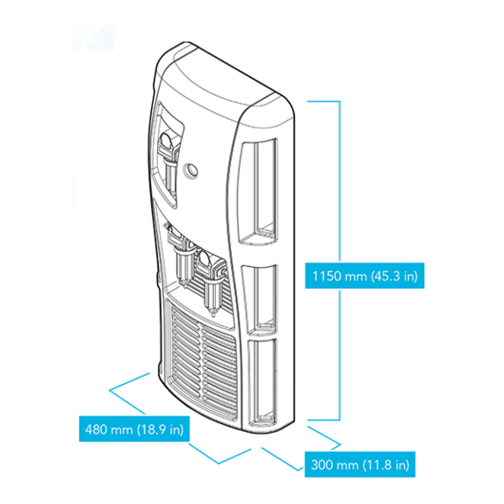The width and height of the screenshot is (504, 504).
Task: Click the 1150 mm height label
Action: tap(364, 276)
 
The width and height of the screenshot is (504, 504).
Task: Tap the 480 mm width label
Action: tap(134, 429)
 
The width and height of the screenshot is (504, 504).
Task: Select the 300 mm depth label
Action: tap(360, 464)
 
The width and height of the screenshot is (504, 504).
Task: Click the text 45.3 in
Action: tap(395, 276)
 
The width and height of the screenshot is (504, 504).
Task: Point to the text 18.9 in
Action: tap(161, 429)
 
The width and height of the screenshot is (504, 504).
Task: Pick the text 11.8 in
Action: tap(386, 465)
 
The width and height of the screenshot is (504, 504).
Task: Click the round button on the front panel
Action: tap(189, 169)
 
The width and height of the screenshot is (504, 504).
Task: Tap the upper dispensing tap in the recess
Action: tap(168, 161)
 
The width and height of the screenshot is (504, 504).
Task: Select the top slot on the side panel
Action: tap(258, 192)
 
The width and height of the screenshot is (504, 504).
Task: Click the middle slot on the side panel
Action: tap(260, 300)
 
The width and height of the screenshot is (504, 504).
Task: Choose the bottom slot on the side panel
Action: tap(262, 382)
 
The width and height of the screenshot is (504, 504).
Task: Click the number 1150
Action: tap(326, 276)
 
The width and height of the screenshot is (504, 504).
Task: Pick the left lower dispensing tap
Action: tap(181, 256)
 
